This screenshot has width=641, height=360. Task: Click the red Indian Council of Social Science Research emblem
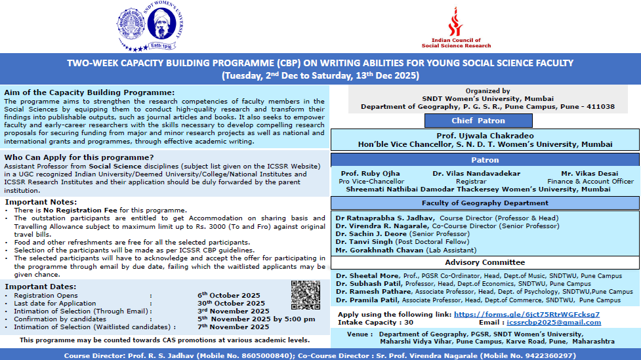pyautogui.click(x=455, y=22)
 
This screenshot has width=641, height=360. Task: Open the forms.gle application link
pyautogui.click(x=527, y=314)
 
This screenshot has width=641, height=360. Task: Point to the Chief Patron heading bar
pyautogui.click(x=478, y=121)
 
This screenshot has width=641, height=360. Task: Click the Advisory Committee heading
pyautogui.click(x=486, y=262)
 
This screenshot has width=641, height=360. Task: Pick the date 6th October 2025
pyautogui.click(x=229, y=295)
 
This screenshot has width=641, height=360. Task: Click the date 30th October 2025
pyautogui.click(x=231, y=303)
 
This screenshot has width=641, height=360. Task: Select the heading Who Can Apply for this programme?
pyautogui.click(x=79, y=157)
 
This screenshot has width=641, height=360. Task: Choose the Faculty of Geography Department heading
pyautogui.click(x=486, y=203)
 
